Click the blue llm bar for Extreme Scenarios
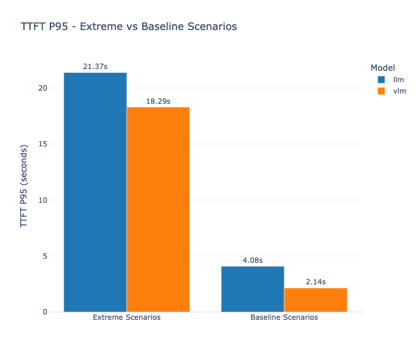point(95,192)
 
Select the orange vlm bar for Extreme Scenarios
point(158,209)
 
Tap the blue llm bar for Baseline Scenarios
point(253,289)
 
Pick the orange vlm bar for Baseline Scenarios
point(316,300)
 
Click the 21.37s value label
point(95,66)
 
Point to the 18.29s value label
point(158,101)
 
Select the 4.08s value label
point(253,260)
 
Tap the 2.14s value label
point(316,282)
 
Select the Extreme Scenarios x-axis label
point(127,317)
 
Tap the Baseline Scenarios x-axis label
point(284,317)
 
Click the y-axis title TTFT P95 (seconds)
point(24,186)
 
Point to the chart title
point(128,27)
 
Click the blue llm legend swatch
point(381,79)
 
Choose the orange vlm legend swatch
point(381,91)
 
